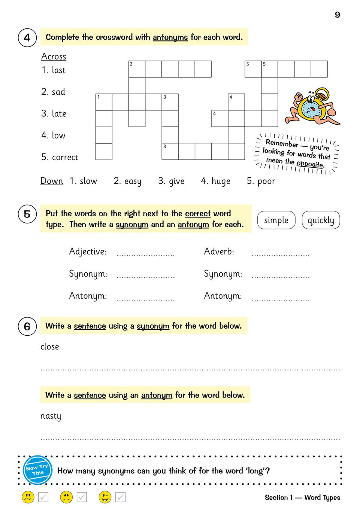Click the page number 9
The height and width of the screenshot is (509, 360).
337,15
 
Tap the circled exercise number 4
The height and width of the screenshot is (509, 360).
27,37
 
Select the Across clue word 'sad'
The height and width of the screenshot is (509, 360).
58,92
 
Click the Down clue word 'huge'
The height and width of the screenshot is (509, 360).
221,181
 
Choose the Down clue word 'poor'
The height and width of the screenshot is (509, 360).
266,181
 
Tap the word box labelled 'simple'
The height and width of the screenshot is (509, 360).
276,220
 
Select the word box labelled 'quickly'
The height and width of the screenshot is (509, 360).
321,220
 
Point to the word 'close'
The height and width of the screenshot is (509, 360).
50,347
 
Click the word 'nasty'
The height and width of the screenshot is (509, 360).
51,416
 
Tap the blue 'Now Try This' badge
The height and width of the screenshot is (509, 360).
37,470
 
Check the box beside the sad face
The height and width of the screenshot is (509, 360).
43,497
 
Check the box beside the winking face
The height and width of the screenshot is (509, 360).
120,497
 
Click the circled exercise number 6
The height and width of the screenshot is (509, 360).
27,326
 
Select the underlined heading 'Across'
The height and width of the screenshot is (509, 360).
54,57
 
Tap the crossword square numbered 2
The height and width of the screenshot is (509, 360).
137,69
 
